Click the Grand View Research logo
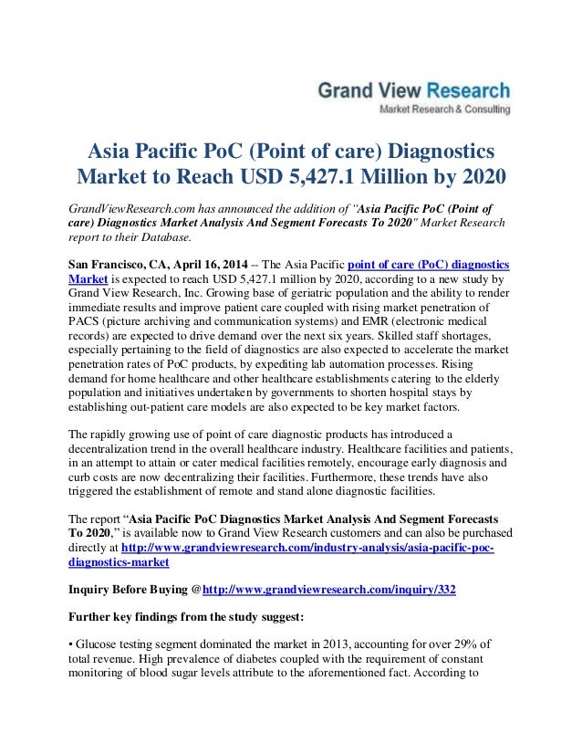click(x=412, y=91)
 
